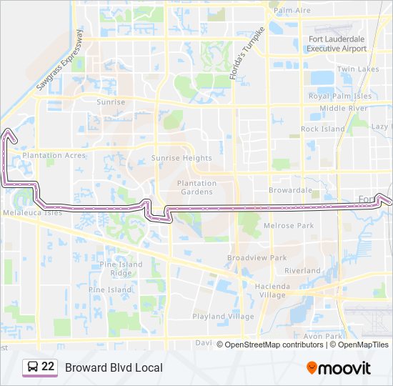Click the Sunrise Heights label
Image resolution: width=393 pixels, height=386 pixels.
pos(181,158)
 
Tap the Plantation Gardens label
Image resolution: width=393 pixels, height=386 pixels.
pos(196,187)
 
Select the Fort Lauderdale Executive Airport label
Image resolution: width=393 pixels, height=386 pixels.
pos(337,44)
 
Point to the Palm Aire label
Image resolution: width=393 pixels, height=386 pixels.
pos(292,11)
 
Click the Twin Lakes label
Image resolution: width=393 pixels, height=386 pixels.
pos(358,69)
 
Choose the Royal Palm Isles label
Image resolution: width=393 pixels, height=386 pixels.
pos(340,96)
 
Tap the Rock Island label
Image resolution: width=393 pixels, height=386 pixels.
pos(322,129)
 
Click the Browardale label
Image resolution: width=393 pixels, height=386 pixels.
pos(290,190)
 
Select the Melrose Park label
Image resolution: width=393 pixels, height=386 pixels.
pos(289,226)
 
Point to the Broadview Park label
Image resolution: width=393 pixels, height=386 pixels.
pos(257,257)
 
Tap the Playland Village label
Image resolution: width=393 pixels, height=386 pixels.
pos(223,316)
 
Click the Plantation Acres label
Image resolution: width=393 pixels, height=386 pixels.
pos(54,155)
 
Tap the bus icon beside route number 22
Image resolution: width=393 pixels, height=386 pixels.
pos(32,367)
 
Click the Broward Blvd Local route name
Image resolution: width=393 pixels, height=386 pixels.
pos(114,367)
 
